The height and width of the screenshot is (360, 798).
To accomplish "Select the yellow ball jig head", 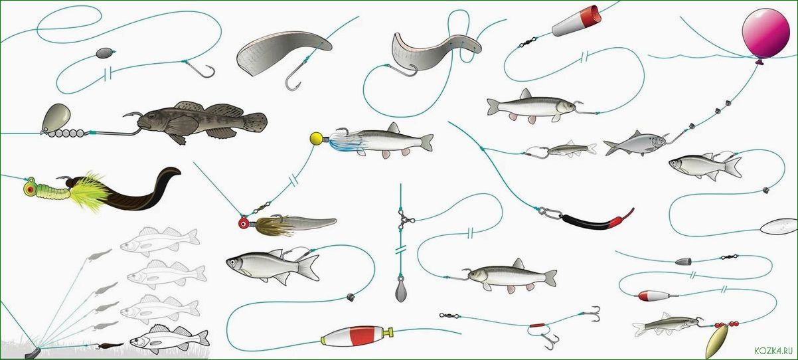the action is [316, 138].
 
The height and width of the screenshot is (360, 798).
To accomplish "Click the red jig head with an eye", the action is [244, 223].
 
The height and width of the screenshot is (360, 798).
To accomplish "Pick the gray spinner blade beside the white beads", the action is [56, 118].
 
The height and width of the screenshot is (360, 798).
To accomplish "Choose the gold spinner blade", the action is [717, 342].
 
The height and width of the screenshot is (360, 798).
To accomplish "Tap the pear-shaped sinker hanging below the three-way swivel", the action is [401, 290].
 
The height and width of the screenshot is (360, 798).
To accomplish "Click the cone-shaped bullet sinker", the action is [683, 261].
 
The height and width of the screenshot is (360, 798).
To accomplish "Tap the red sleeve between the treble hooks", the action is [536, 325].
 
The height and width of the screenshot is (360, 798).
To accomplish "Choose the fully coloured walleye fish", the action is [169, 339].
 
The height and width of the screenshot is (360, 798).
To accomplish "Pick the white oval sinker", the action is [778, 226].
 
